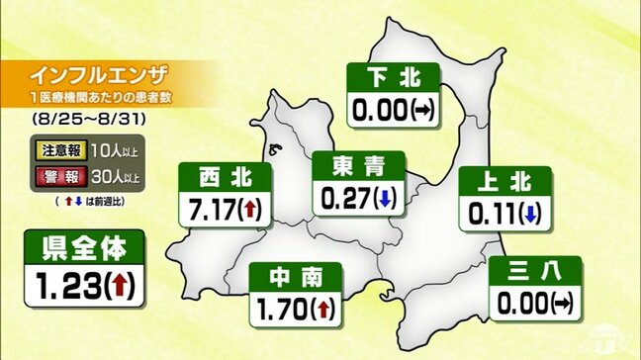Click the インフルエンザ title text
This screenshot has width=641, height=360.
pos(99,75)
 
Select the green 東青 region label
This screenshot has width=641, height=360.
pos(351,166)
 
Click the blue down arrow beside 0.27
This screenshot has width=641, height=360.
pos(383,197)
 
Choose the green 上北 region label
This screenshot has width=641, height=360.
pos(504,180)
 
